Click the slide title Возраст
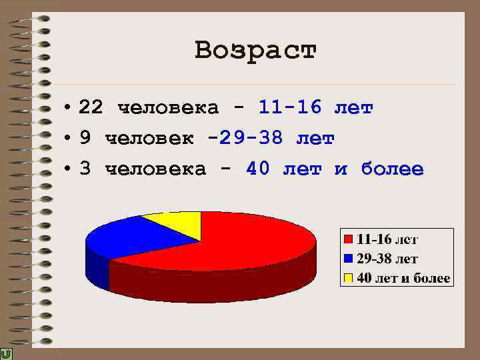pyautogui.click(x=256, y=51)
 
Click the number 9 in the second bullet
pyautogui.click(x=85, y=139)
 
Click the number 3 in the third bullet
pyautogui.click(x=85, y=169)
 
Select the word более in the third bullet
pyautogui.click(x=392, y=169)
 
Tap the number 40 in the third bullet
pyautogui.click(x=258, y=169)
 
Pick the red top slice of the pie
pyautogui.click(x=247, y=240)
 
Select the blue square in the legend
pyautogui.click(x=348, y=258)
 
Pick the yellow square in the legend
pyautogui.click(x=348, y=277)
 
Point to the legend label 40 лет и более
pyautogui.click(x=403, y=277)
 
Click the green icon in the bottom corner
pyautogui.click(x=6, y=353)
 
